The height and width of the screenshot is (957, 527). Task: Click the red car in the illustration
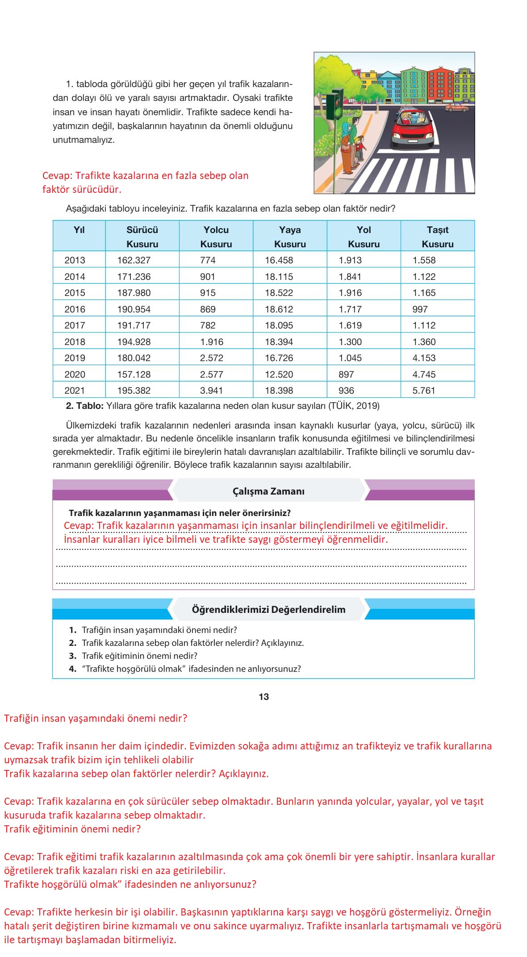point(413,129)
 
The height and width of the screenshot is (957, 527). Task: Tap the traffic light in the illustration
point(334,105)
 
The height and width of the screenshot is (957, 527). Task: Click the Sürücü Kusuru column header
point(142,237)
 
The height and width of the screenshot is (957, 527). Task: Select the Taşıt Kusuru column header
point(437,237)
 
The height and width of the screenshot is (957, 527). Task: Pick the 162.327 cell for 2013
point(134,260)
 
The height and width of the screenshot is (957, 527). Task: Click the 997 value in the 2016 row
point(420,309)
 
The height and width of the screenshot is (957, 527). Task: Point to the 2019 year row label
point(75,358)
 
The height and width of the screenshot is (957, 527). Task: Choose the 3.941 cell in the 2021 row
point(211,391)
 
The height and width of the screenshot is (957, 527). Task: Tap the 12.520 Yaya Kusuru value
point(279,374)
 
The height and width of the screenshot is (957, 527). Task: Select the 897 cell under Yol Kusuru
point(346,374)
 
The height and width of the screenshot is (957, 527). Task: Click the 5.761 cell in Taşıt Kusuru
point(423,391)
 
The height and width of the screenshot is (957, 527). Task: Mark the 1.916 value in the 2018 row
point(211,342)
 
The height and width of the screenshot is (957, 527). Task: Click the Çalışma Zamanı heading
point(268,491)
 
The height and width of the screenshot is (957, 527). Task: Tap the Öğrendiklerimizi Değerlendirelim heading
point(268,610)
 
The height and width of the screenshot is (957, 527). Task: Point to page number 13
point(263,697)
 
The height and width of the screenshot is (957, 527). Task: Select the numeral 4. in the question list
point(73,669)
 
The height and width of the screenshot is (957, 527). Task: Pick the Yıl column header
point(79,230)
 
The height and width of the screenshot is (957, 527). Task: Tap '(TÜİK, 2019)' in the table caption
point(354,406)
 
